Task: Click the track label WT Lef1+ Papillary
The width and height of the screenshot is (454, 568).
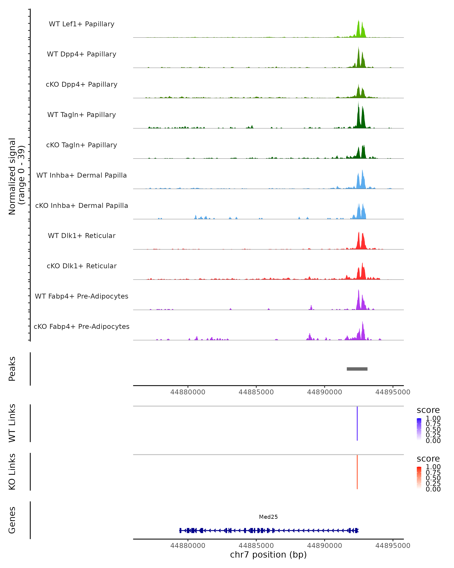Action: tap(82, 24)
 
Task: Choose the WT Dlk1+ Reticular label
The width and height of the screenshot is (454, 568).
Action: tap(82, 236)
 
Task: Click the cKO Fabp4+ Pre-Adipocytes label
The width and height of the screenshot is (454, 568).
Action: tap(82, 326)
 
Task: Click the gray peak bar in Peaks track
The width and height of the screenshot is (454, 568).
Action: tap(357, 369)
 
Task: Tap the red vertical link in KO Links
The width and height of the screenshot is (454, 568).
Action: tap(357, 472)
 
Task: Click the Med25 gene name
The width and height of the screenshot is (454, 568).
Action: tap(268, 517)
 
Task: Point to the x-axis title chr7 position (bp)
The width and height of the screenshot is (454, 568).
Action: tap(268, 555)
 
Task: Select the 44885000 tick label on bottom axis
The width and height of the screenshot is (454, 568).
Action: tap(256, 545)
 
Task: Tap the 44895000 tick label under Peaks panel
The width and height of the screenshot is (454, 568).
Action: tap(393, 392)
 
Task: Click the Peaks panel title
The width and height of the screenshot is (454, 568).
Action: tap(12, 369)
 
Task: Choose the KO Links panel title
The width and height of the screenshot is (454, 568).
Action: tap(12, 472)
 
